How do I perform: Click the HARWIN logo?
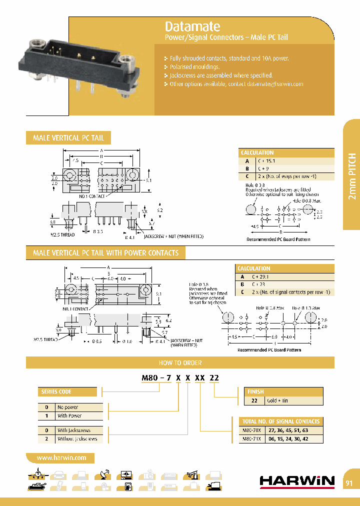coord(297,481)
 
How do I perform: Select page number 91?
coord(349,483)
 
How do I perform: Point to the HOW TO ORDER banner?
coord(180,362)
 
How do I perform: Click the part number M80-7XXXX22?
coord(180,378)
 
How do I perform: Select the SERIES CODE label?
coord(55,391)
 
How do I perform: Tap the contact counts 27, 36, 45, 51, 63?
coord(288,430)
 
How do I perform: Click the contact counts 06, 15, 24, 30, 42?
coord(288,438)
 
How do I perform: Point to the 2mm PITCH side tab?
coord(351,174)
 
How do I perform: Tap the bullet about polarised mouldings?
coord(194,66)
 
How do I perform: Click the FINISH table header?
coord(255,391)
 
